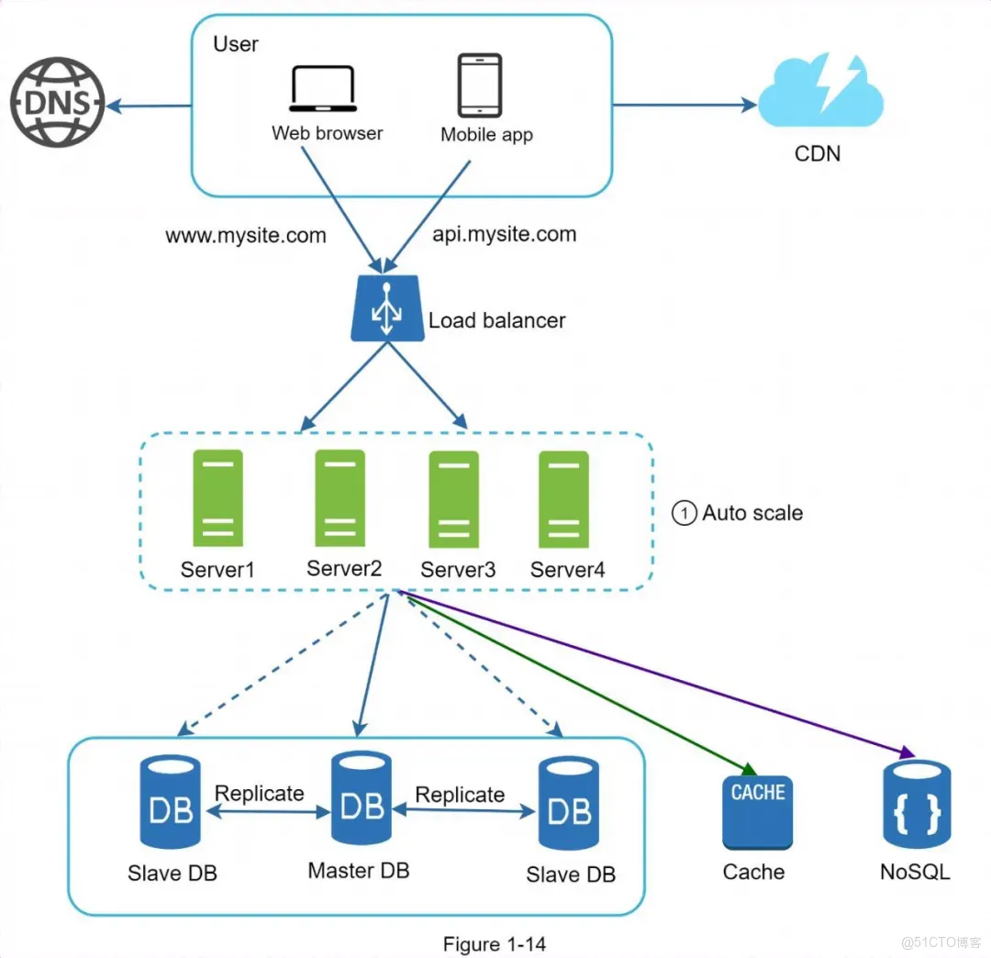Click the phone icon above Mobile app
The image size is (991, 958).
tap(480, 86)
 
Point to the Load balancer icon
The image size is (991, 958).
tap(387, 309)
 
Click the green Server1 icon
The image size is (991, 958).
tap(217, 497)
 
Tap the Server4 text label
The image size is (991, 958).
tap(567, 570)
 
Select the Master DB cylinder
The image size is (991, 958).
tap(361, 808)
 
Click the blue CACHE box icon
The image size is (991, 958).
tap(757, 812)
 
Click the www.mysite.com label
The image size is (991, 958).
tap(246, 236)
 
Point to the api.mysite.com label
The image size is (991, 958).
tap(504, 234)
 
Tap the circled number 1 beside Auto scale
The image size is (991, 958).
tap(685, 513)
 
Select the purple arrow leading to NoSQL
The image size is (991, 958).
tap(661, 674)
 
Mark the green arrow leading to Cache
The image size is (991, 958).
tap(578, 680)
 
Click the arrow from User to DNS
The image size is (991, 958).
tap(148, 106)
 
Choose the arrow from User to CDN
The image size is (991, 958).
tap(684, 106)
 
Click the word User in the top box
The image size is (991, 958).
tap(236, 44)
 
